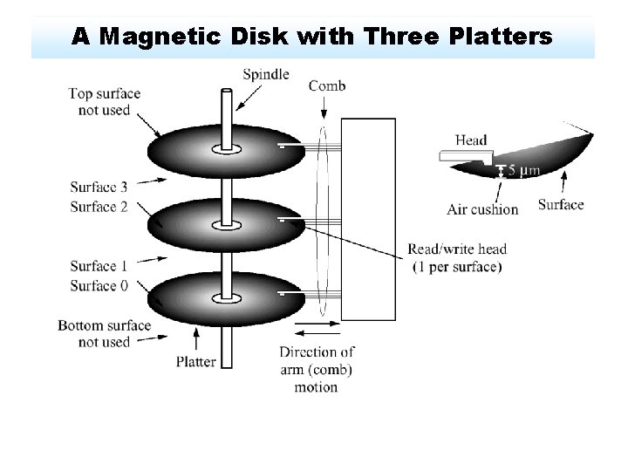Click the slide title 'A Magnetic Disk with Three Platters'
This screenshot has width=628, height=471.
(x=311, y=37)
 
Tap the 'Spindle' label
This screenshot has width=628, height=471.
(x=267, y=75)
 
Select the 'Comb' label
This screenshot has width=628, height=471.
(x=327, y=85)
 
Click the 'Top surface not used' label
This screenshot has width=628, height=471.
(x=105, y=101)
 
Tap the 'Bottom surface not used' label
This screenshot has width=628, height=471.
(x=105, y=333)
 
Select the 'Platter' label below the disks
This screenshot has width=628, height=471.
(x=196, y=361)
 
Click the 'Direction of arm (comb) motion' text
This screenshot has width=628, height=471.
(x=317, y=370)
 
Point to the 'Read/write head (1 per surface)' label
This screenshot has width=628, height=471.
(x=456, y=258)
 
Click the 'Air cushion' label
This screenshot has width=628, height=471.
(x=482, y=209)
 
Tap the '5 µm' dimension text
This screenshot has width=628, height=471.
(x=522, y=169)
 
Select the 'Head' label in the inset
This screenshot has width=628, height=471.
(x=471, y=140)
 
